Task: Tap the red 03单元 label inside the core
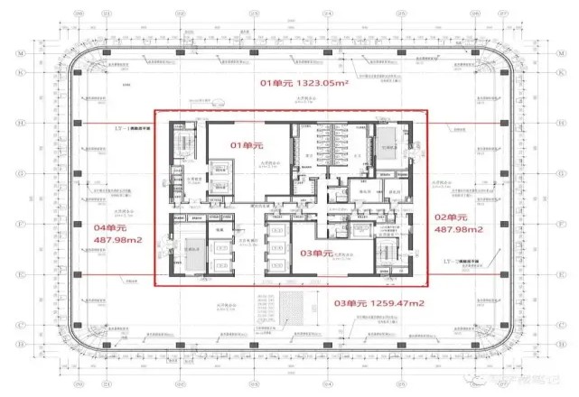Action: coord(316,254)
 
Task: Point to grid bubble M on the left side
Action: coord(43,53)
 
